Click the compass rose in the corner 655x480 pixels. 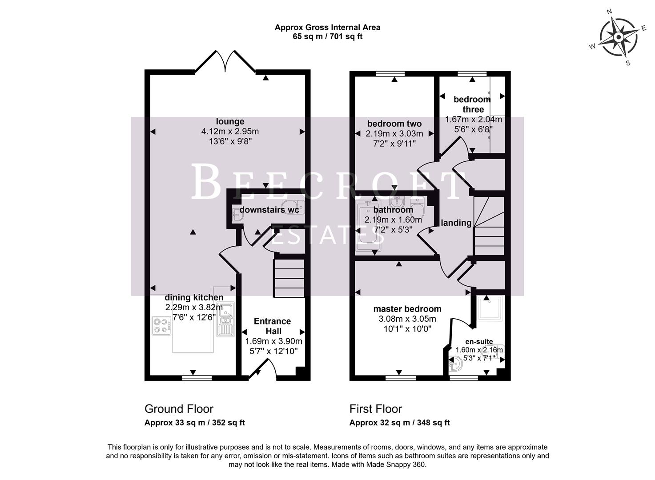click(x=618, y=37)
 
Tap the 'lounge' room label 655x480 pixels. click(x=230, y=121)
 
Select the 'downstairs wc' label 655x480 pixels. click(x=269, y=209)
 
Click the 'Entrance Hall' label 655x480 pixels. click(x=272, y=326)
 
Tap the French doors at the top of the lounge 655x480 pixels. click(x=225, y=61)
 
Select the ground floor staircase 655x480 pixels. click(x=289, y=279)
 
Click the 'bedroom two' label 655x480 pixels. click(x=394, y=124)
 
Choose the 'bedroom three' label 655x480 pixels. click(x=472, y=104)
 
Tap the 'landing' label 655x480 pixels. click(x=456, y=223)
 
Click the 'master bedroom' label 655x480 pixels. click(x=407, y=309)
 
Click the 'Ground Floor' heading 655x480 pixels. click(x=179, y=409)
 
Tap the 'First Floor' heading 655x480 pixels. click(x=376, y=409)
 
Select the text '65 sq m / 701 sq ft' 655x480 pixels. click(x=327, y=36)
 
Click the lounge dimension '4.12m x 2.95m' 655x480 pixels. click(x=230, y=132)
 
